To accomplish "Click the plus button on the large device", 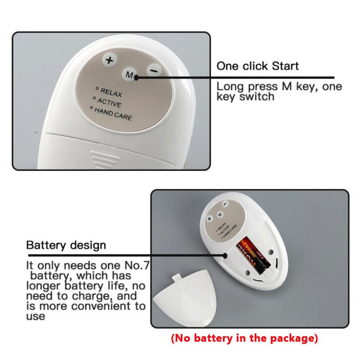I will [108, 60].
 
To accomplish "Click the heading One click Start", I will [257, 66].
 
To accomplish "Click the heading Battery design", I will [66, 246].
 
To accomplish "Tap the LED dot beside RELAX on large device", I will [97, 88].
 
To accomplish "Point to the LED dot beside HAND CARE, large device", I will [91, 108].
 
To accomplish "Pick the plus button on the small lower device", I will [209, 218].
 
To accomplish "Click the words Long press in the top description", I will [243, 86].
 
